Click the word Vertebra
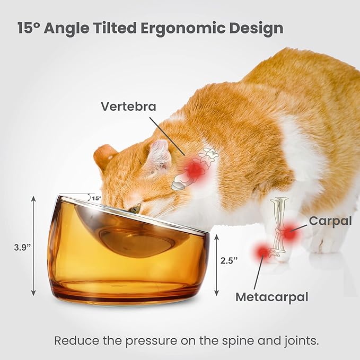click(x=129, y=107)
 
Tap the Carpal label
click(x=330, y=221)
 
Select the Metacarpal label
click(x=271, y=296)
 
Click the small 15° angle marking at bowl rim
click(x=96, y=198)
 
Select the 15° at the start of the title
click(x=29, y=28)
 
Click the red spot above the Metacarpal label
click(x=261, y=253)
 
